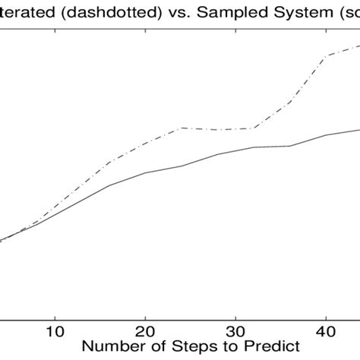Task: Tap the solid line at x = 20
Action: coord(145,172)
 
